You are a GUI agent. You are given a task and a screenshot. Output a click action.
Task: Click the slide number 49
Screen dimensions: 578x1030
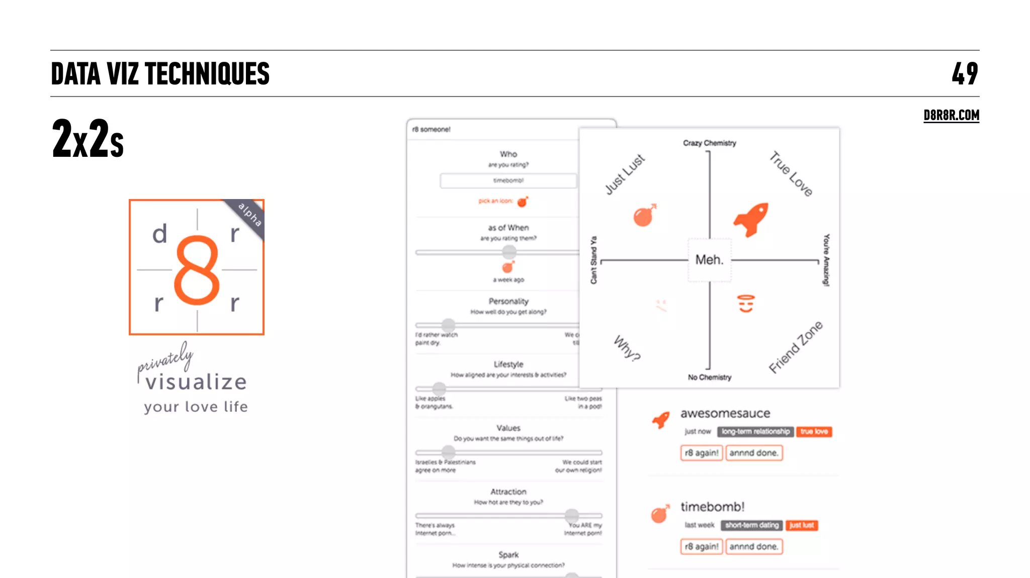(965, 73)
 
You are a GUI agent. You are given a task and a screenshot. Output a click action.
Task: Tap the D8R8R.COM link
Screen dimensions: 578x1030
(951, 115)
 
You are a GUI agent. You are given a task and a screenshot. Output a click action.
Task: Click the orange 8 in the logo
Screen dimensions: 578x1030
(197, 270)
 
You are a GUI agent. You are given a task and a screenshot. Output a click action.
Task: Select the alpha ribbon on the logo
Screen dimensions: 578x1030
(249, 215)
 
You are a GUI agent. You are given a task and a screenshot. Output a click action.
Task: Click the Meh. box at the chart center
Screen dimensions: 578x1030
(709, 260)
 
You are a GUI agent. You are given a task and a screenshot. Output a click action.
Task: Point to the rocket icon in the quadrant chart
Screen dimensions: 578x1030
(751, 219)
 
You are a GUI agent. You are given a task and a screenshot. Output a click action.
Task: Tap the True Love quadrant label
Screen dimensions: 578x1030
(791, 174)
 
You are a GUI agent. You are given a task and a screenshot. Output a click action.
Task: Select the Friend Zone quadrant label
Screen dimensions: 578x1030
(796, 347)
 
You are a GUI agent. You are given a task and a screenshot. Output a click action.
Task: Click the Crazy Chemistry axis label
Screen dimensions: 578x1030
(709, 143)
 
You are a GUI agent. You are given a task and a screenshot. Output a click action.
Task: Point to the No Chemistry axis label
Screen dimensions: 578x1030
(709, 377)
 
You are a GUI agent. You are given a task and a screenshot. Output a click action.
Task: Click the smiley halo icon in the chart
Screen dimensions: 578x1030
(746, 304)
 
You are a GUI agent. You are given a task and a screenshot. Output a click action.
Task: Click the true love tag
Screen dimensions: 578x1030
(814, 432)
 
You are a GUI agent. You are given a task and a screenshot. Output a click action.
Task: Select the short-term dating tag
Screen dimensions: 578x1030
(751, 525)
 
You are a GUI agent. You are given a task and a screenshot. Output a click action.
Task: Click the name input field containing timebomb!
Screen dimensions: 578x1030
(508, 180)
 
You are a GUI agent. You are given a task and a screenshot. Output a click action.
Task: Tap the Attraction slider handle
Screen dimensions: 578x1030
(571, 515)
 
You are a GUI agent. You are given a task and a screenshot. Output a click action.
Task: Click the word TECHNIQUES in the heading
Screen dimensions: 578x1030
(207, 74)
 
